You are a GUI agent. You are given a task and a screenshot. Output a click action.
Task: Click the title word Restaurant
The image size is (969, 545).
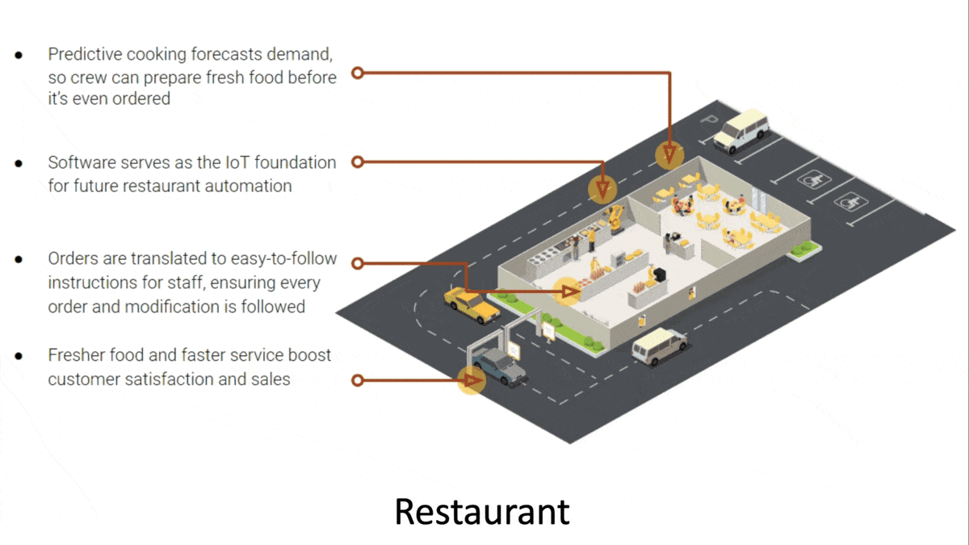tap(482, 511)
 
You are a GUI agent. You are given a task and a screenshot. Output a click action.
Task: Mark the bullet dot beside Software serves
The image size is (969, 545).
tap(18, 163)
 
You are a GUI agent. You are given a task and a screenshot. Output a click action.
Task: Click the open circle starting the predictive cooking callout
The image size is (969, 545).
tap(355, 73)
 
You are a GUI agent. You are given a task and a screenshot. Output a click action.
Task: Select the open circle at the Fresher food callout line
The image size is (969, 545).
tap(356, 379)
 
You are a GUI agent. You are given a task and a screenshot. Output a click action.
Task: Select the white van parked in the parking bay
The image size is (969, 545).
tap(740, 131)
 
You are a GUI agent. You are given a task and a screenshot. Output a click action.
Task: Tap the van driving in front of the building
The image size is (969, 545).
tap(659, 346)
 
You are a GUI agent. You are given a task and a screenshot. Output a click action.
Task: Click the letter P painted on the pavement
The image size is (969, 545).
tap(709, 121)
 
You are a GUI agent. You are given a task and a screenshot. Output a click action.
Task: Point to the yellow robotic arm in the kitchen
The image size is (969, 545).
tap(616, 217)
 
